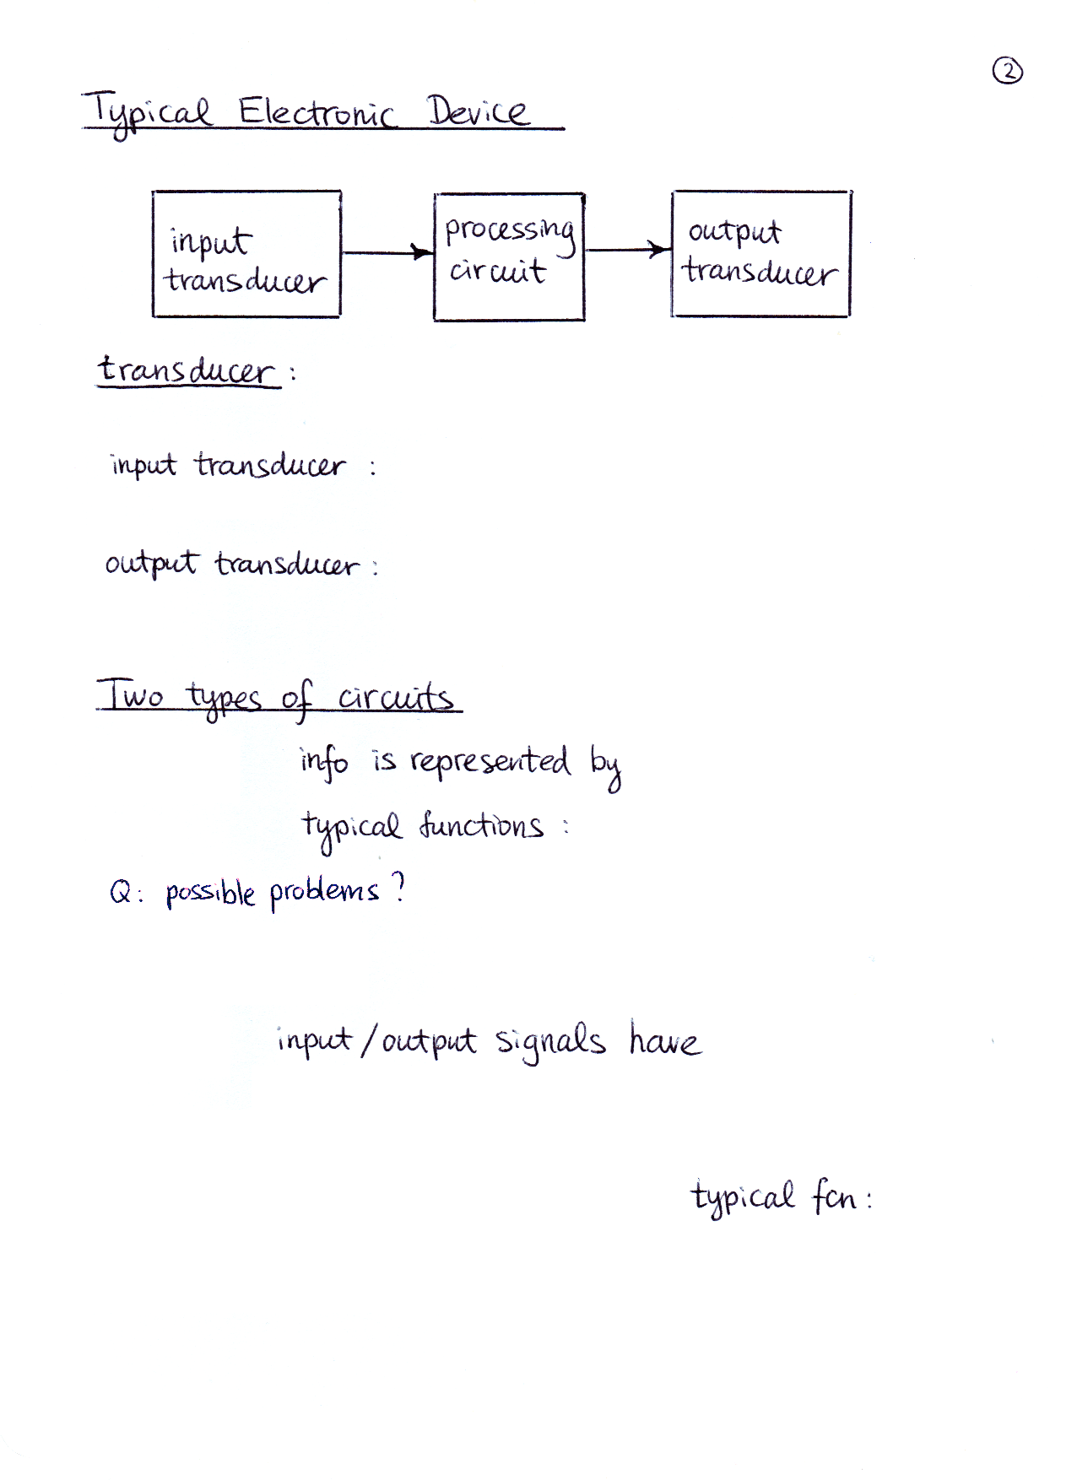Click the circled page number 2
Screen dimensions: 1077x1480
tap(1007, 72)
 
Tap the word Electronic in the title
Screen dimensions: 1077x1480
tap(317, 111)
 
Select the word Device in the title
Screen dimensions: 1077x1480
tap(478, 111)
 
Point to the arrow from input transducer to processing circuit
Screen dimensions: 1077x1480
tap(387, 251)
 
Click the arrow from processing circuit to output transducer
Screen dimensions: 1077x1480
tap(628, 249)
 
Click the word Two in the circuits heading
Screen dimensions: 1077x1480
tap(130, 694)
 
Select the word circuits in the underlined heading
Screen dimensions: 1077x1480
tap(395, 698)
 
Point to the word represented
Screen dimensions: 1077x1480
tap(490, 761)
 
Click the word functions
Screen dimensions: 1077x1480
tap(481, 824)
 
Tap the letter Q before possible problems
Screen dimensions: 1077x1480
tap(119, 892)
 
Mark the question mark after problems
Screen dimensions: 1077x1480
tap(398, 888)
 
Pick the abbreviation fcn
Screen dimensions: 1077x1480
tap(834, 1196)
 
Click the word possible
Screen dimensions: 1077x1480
tap(210, 893)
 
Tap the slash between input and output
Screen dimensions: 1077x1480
tap(368, 1040)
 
